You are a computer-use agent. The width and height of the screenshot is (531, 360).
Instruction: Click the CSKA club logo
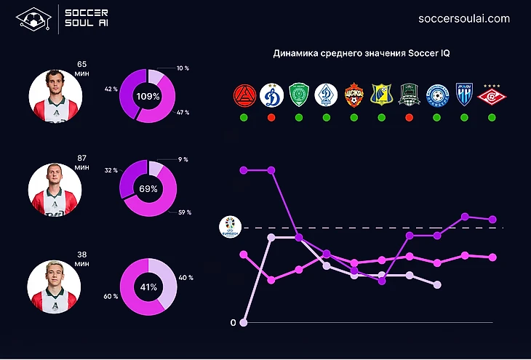pyautogui.click(x=354, y=95)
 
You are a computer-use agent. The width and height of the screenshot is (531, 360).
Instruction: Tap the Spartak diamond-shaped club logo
pyautogui.click(x=492, y=95)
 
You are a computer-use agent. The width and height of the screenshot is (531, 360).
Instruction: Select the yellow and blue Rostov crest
pyautogui.click(x=380, y=95)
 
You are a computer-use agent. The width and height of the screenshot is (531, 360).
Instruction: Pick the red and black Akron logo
pyautogui.click(x=243, y=95)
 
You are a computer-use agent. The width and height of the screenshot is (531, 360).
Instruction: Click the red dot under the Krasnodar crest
pyautogui.click(x=409, y=117)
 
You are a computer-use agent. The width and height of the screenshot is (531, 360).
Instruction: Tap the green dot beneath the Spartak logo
pyautogui.click(x=492, y=117)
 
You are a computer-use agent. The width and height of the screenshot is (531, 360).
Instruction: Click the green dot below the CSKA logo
pyautogui.click(x=354, y=117)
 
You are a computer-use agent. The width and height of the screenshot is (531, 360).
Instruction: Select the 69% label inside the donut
pyautogui.click(x=148, y=188)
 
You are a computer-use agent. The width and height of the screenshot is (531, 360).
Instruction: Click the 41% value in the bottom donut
pyautogui.click(x=148, y=287)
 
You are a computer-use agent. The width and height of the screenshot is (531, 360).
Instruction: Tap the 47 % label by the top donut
pyautogui.click(x=182, y=113)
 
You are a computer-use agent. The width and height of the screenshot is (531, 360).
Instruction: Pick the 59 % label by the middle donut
pyautogui.click(x=184, y=212)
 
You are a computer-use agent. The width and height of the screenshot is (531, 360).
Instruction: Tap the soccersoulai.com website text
pyautogui.click(x=465, y=18)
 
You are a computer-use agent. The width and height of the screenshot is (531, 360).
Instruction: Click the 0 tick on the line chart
pyautogui.click(x=233, y=323)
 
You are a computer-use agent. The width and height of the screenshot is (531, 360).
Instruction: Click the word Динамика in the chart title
pyautogui.click(x=295, y=54)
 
